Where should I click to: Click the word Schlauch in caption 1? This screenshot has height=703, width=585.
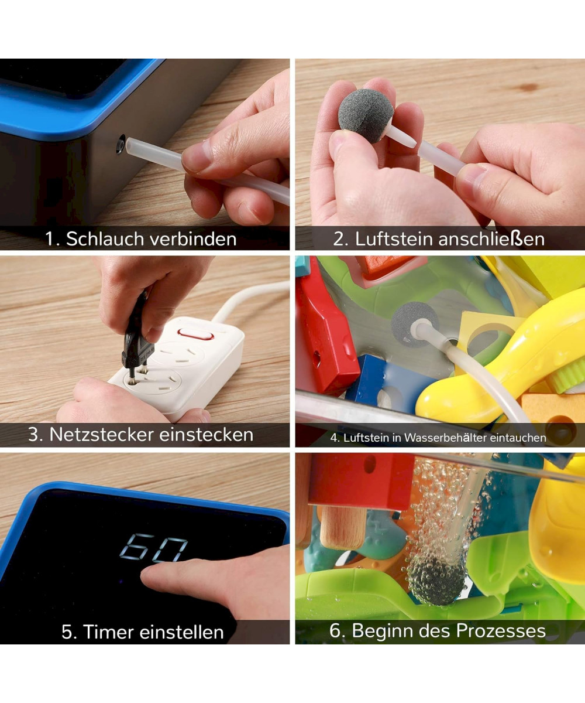pos(105,238)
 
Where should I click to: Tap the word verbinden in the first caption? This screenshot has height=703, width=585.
pos(193,238)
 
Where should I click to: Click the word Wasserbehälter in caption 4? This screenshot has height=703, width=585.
pos(445,438)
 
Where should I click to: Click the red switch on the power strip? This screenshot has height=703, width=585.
pos(196,335)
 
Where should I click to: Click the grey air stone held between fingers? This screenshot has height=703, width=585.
pos(366,116)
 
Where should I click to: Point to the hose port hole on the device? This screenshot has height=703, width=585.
pos(121,145)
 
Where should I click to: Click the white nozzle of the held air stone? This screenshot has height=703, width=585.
pos(402,136)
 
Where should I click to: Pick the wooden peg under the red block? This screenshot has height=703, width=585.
pos(343,527)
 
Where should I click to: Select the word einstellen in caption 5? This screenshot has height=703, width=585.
pos(181,632)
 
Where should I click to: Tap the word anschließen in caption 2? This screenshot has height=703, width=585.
pos(491,238)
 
